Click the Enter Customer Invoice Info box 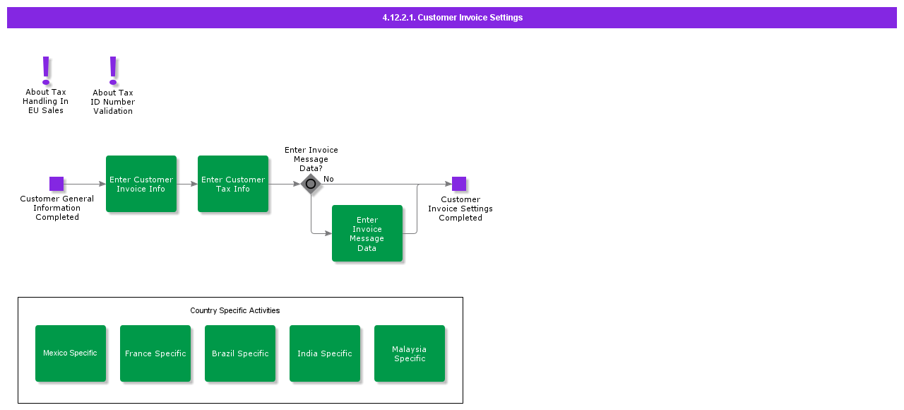(x=141, y=184)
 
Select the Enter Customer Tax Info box (x=233, y=184)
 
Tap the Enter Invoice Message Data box (x=367, y=233)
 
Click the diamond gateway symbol (x=311, y=184)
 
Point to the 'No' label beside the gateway (x=328, y=179)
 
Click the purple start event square (x=56, y=184)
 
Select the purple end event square (x=459, y=184)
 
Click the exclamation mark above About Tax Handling (x=46, y=70)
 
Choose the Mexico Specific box (x=71, y=353)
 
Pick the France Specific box (x=155, y=353)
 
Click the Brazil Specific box (x=240, y=353)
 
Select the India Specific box (x=325, y=353)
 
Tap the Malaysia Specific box (x=410, y=353)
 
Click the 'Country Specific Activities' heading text (x=235, y=310)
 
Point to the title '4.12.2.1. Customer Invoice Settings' (x=452, y=18)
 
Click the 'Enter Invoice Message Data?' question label (x=311, y=159)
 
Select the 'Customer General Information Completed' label (x=57, y=208)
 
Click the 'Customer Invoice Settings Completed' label (x=460, y=209)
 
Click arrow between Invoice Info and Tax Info (x=187, y=184)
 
